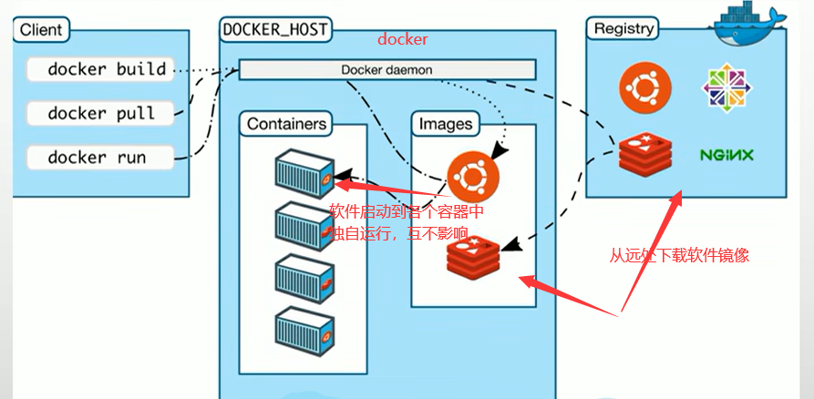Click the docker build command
(107, 69)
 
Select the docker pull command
(101, 114)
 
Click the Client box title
(41, 29)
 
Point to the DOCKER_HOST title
(275, 29)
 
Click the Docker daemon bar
(387, 70)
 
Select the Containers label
(286, 123)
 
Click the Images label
(446, 123)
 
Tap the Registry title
(623, 28)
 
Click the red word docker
(402, 41)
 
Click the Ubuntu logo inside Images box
(472, 175)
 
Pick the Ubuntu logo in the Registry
(645, 88)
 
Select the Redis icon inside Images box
(473, 254)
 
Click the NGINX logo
(726, 155)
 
